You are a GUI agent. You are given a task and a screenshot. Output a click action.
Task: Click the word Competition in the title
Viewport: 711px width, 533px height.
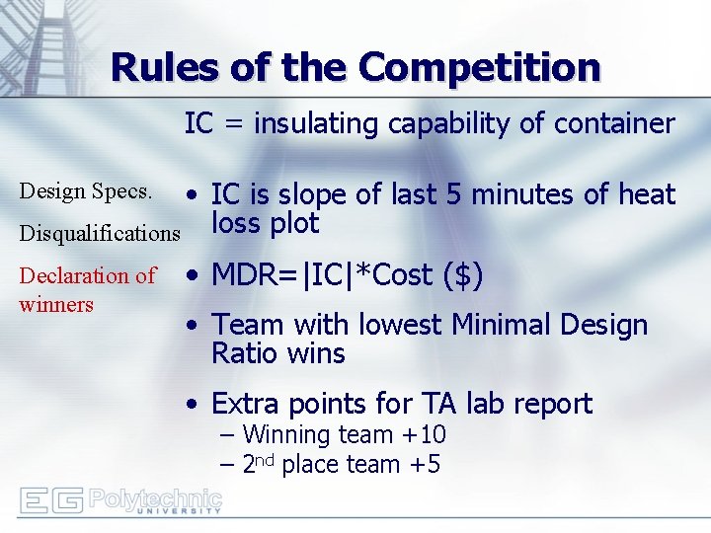[x=480, y=67]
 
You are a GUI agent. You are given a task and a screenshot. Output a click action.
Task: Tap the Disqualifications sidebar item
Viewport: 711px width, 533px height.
[x=100, y=233]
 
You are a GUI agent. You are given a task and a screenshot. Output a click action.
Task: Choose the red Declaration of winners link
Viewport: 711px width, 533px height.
[x=87, y=289]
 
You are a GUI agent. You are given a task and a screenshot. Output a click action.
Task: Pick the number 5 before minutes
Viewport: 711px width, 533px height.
[x=456, y=194]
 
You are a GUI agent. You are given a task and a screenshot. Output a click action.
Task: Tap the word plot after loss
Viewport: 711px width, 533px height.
[x=293, y=223]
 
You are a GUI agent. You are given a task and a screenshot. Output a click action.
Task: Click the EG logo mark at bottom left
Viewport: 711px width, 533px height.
[x=51, y=500]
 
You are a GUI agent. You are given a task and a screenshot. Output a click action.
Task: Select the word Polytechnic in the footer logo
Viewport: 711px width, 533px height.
[x=155, y=496]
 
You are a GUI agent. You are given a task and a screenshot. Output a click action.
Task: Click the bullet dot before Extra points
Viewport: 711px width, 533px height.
[x=197, y=405]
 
